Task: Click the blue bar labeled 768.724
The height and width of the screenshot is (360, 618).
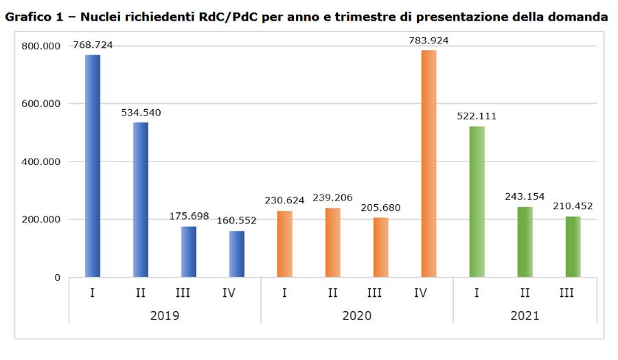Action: coord(93,166)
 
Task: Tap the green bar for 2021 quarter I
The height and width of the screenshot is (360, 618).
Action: coord(477,202)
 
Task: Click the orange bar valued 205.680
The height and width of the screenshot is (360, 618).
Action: coord(380,247)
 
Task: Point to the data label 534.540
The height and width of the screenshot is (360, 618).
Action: coord(141,113)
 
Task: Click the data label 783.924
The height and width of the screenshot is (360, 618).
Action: coord(428,41)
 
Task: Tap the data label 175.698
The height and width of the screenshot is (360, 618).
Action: coord(189,216)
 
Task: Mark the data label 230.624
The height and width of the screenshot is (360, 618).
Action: coord(285,201)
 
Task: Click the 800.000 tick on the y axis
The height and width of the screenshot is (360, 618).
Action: coord(41,46)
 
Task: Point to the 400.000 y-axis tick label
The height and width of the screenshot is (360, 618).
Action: coord(41,162)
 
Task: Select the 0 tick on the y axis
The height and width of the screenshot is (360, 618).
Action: coord(57,278)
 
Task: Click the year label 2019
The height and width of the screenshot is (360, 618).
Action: coord(165,315)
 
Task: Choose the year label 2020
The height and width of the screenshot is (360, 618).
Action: coord(356,315)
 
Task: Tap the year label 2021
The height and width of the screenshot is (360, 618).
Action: coord(525,315)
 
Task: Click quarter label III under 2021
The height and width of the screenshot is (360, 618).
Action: coord(566,293)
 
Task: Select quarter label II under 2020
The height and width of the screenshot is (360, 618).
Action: coord(332,293)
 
